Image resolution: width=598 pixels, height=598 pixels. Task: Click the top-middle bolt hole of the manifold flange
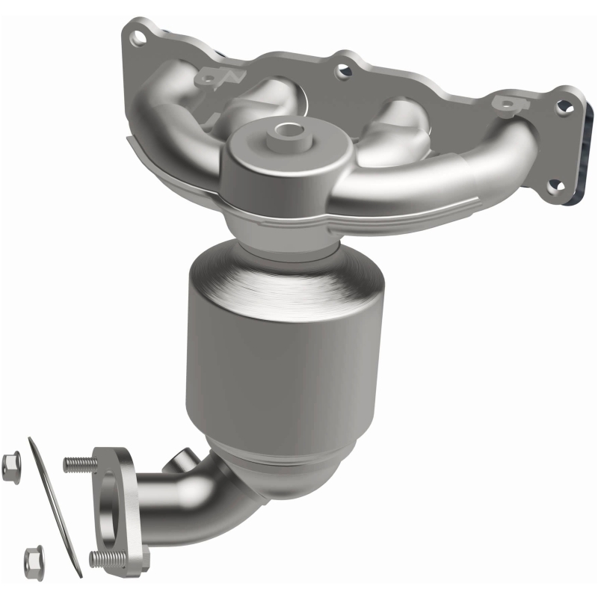[x=345, y=72]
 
